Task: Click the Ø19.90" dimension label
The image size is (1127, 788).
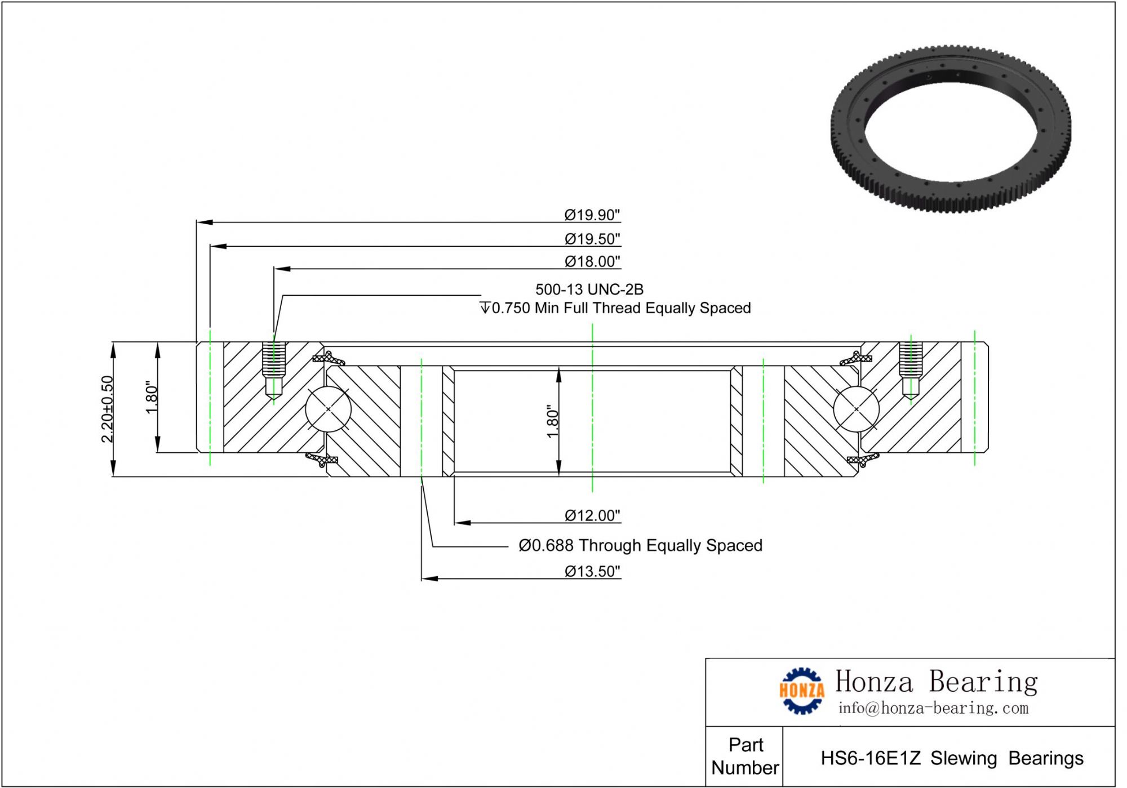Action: (x=592, y=215)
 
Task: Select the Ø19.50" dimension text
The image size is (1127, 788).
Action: (x=592, y=239)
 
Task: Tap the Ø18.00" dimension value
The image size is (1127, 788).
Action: (x=592, y=261)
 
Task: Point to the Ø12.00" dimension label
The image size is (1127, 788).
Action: (x=592, y=515)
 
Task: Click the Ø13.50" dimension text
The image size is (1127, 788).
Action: (x=592, y=571)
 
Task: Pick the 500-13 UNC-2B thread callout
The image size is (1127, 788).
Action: (x=589, y=290)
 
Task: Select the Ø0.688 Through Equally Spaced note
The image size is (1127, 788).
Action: (x=640, y=545)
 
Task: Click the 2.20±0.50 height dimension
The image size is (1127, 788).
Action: (x=107, y=409)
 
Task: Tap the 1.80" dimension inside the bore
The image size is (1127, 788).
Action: (x=552, y=421)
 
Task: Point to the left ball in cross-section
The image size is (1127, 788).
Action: (x=329, y=409)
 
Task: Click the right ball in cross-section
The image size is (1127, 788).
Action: (x=856, y=409)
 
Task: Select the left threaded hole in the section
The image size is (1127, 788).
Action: (x=274, y=369)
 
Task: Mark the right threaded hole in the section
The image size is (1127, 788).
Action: (x=910, y=369)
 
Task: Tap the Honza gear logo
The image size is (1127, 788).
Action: (x=801, y=691)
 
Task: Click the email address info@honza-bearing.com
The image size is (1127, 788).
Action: (x=933, y=708)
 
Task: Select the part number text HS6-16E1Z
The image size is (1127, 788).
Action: (x=870, y=758)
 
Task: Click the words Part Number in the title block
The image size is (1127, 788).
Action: (x=745, y=756)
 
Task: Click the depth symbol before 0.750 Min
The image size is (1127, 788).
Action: (x=485, y=308)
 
